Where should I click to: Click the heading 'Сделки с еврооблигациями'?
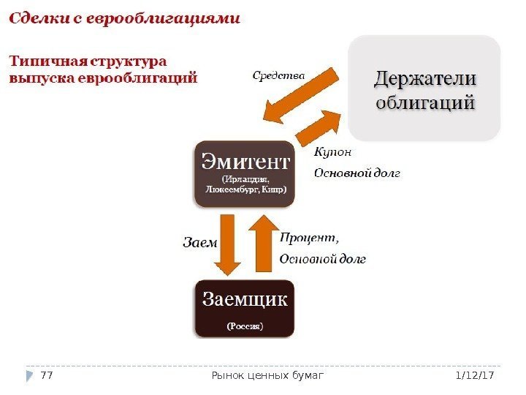pos(124,18)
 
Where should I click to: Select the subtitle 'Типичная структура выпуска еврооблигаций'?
pos(103,68)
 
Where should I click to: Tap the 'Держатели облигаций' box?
pos(424,89)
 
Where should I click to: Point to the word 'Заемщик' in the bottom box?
pos(245,299)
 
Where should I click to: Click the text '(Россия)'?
pos(244,326)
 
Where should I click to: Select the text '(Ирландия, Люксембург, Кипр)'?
pos(245,183)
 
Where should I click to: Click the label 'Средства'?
pos(278,74)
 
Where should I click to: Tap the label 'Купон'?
pos(332,152)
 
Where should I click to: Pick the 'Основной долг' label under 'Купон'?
pos(357,173)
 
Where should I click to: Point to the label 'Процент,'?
pos(310,237)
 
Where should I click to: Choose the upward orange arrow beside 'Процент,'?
pos(262,244)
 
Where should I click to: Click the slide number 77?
pos(47,375)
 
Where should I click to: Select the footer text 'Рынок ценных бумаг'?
pos(267,375)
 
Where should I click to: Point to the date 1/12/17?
pos(475,375)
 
